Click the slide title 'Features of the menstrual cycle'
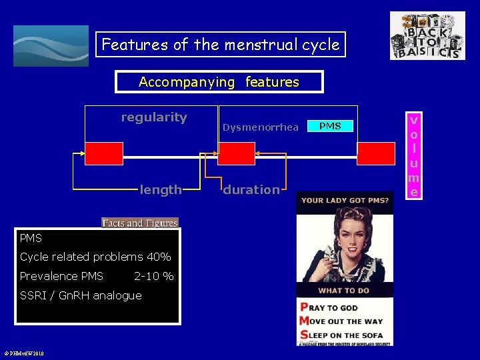pos(220,45)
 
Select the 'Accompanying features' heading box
pos(219,82)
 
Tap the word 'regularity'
pos(154,117)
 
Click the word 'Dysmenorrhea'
pos(261,127)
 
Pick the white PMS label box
pos(330,126)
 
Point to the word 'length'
pos(161,190)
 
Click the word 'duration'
pos(251,190)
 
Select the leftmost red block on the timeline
pos(103,153)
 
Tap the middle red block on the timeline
pos(237,153)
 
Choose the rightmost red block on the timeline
pos(375,153)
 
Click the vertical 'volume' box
pos(414,156)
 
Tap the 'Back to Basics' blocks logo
pos(427,36)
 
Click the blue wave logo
pos(51,46)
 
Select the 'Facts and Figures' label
pos(140,223)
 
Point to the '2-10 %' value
pos(154,276)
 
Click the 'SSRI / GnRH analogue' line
pos(81,295)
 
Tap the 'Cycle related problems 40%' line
pos(95,257)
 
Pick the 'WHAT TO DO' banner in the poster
pos(344,290)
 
